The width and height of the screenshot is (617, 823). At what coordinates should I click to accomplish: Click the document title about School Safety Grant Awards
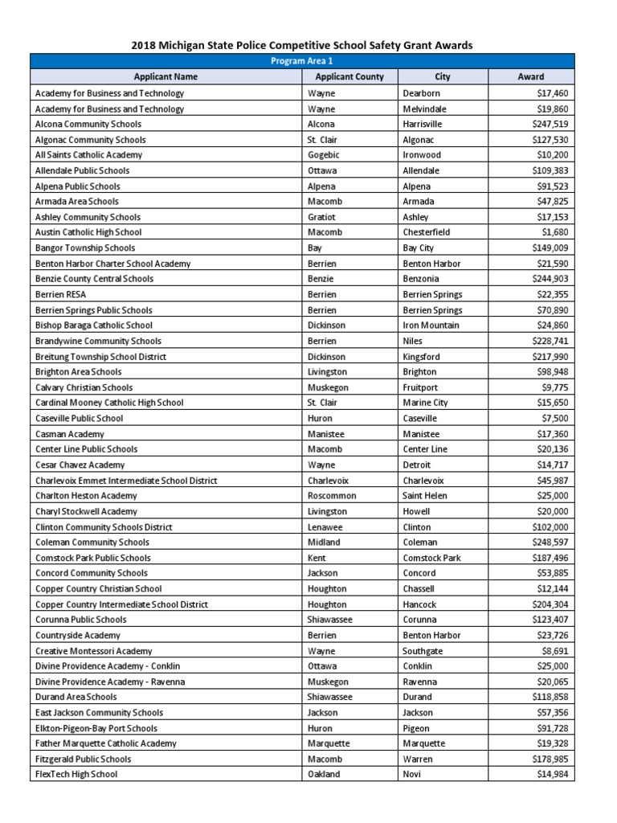[x=302, y=45]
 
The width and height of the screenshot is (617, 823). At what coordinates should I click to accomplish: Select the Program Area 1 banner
[x=302, y=61]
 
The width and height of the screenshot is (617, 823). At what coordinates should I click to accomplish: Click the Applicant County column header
[x=349, y=77]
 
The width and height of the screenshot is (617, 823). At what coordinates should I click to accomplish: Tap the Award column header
[x=530, y=77]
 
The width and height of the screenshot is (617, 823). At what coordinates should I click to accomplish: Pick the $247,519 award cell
[x=550, y=124]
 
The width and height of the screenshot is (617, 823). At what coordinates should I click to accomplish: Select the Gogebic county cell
[x=325, y=155]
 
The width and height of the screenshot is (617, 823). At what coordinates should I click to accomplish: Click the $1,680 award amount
[x=556, y=232]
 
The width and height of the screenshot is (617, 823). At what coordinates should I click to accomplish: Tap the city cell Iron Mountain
[x=431, y=326]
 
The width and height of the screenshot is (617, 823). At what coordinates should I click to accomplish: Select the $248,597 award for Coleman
[x=550, y=543]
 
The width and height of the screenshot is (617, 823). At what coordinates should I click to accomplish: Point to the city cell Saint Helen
[x=425, y=496]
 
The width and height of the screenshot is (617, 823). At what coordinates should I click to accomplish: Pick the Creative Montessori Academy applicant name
[x=94, y=651]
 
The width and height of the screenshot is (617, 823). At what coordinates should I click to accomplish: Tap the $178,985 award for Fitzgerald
[x=550, y=759]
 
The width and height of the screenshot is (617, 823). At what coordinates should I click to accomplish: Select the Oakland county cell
[x=324, y=774]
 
